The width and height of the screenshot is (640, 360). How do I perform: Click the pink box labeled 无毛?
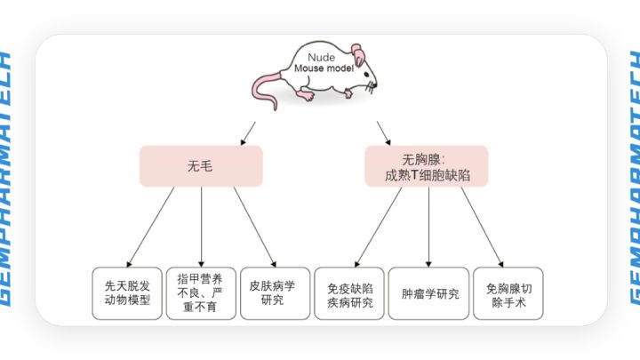point(201,165)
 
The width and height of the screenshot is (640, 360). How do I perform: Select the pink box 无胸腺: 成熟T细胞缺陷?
point(427,165)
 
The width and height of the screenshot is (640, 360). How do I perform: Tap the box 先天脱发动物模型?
point(127,293)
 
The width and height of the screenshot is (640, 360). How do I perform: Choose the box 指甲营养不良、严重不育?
point(201,293)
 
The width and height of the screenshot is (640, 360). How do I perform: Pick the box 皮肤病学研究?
point(275,293)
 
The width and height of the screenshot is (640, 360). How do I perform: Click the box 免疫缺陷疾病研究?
point(348,293)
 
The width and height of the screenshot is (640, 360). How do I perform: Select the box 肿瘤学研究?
point(429,293)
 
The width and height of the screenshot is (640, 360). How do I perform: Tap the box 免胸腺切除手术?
point(508,293)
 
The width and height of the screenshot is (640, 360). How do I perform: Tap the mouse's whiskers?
point(370,86)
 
